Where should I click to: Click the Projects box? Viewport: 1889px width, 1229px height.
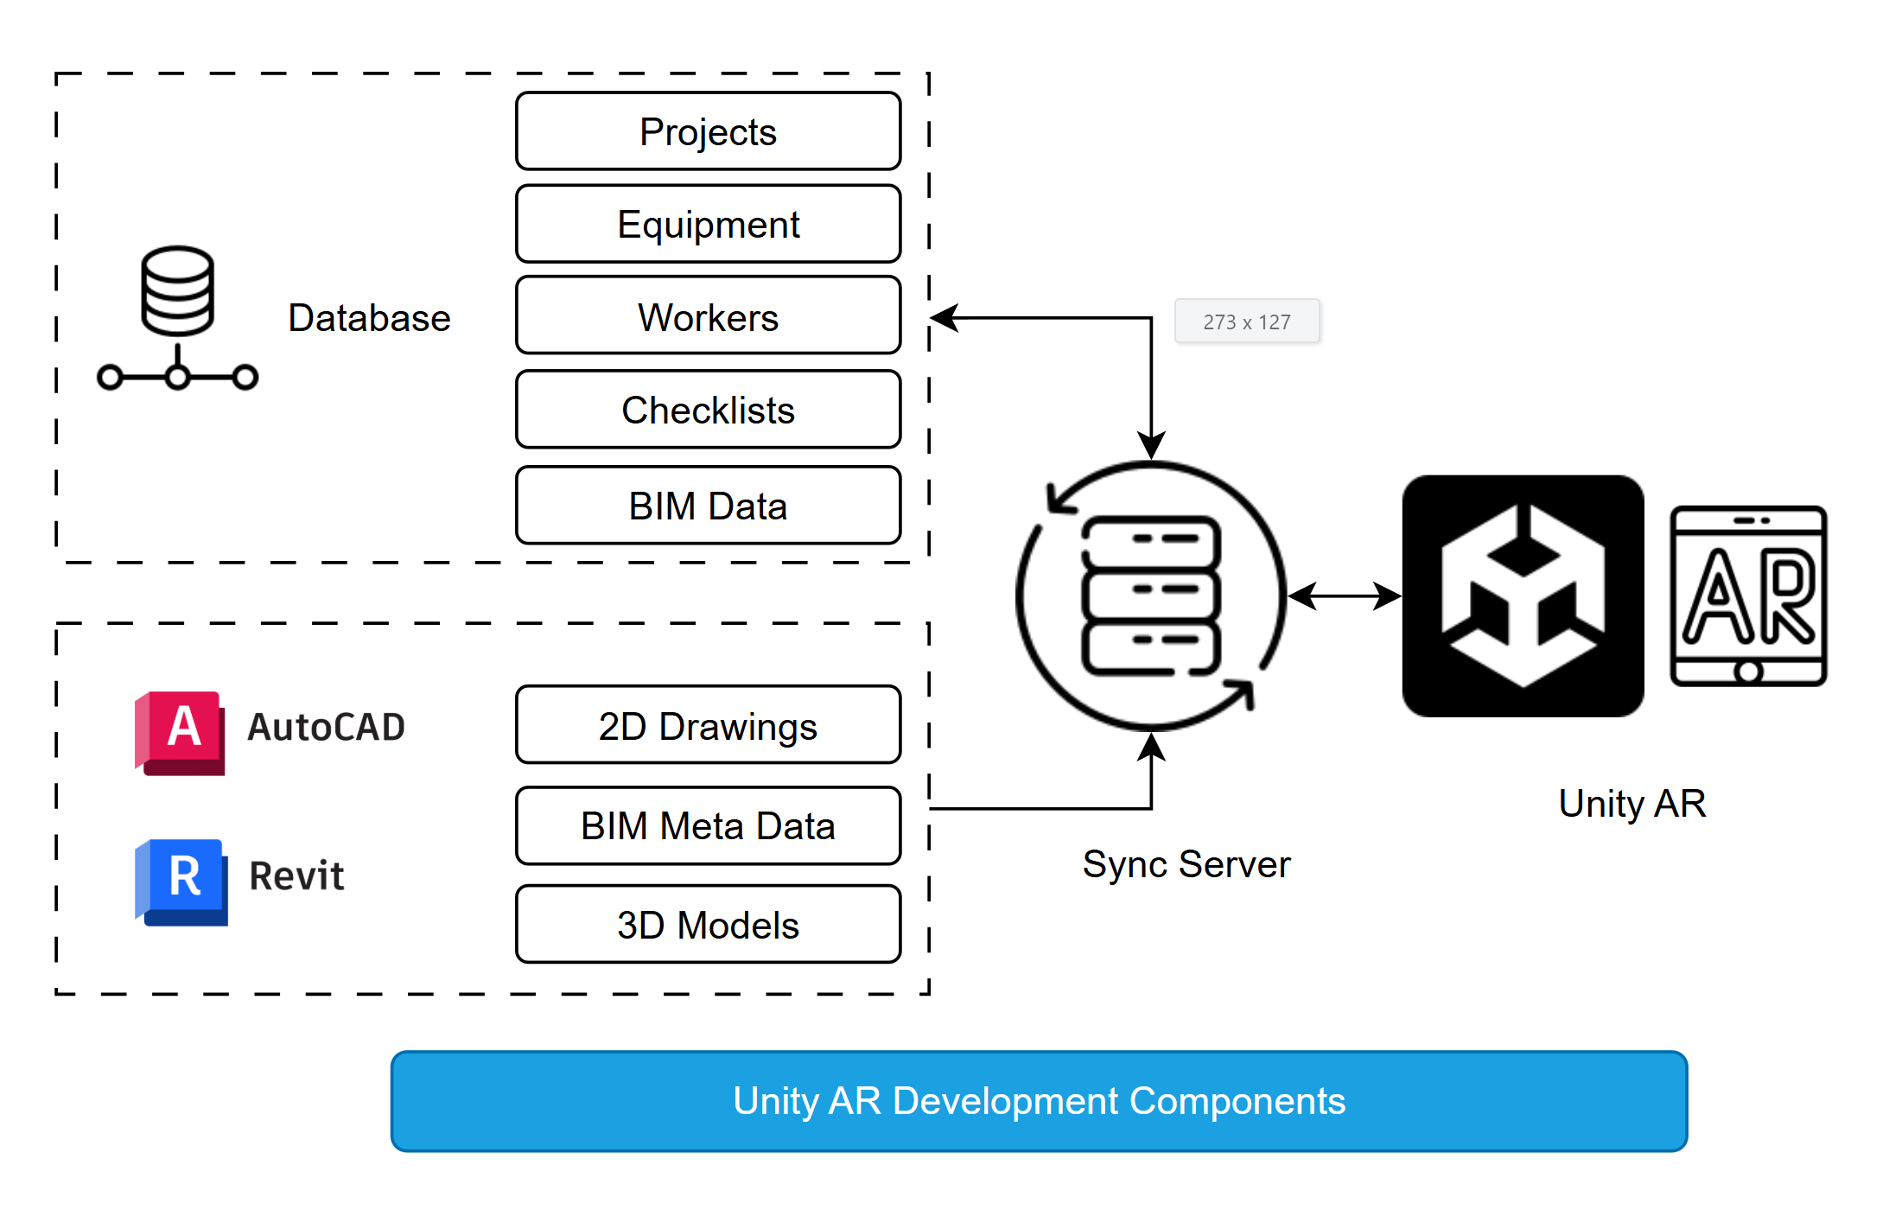click(708, 131)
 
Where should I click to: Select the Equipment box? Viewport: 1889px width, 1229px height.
click(708, 224)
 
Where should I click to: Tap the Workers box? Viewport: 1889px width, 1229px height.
click(708, 316)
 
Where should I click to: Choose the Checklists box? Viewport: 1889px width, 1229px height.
click(708, 410)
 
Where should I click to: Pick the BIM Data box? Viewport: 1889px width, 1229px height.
click(708, 506)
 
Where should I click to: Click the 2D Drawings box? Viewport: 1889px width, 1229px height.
click(708, 726)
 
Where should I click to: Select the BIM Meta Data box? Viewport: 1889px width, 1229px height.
click(708, 825)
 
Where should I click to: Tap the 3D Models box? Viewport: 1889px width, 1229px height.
click(708, 924)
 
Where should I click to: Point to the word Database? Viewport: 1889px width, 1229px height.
click(369, 318)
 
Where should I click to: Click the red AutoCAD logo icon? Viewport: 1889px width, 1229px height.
click(181, 732)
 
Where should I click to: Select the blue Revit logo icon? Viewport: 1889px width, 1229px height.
click(181, 881)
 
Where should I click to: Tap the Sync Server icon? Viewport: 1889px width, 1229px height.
click(1151, 596)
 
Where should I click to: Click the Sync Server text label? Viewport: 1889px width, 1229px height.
click(1186, 864)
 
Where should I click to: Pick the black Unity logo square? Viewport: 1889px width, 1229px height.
click(1523, 595)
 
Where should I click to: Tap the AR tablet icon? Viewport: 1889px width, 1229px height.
click(1748, 595)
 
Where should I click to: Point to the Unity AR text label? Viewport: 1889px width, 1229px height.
click(1631, 804)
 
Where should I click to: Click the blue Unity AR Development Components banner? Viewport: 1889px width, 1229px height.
click(1039, 1101)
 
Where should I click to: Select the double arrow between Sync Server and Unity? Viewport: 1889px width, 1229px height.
click(1344, 595)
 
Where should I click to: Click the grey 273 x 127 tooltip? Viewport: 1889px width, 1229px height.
click(1247, 322)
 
